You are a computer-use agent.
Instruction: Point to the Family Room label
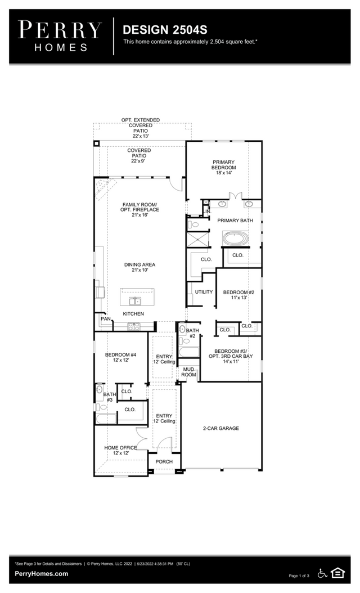139,210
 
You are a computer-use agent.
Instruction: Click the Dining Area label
139,267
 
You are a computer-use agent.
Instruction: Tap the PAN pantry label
105,319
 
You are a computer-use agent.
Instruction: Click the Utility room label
203,292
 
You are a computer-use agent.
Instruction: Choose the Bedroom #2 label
238,295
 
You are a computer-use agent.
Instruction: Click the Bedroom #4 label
120,357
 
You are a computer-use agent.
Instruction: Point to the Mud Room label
188,372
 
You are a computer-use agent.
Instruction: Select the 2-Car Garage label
221,428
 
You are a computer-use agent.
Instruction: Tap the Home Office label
120,450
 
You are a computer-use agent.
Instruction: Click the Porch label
164,462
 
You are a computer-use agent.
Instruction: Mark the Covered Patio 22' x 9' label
139,155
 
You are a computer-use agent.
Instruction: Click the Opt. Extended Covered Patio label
141,128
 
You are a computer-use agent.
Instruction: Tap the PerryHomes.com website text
42,574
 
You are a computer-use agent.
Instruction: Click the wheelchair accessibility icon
323,573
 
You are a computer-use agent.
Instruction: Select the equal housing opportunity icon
337,573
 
